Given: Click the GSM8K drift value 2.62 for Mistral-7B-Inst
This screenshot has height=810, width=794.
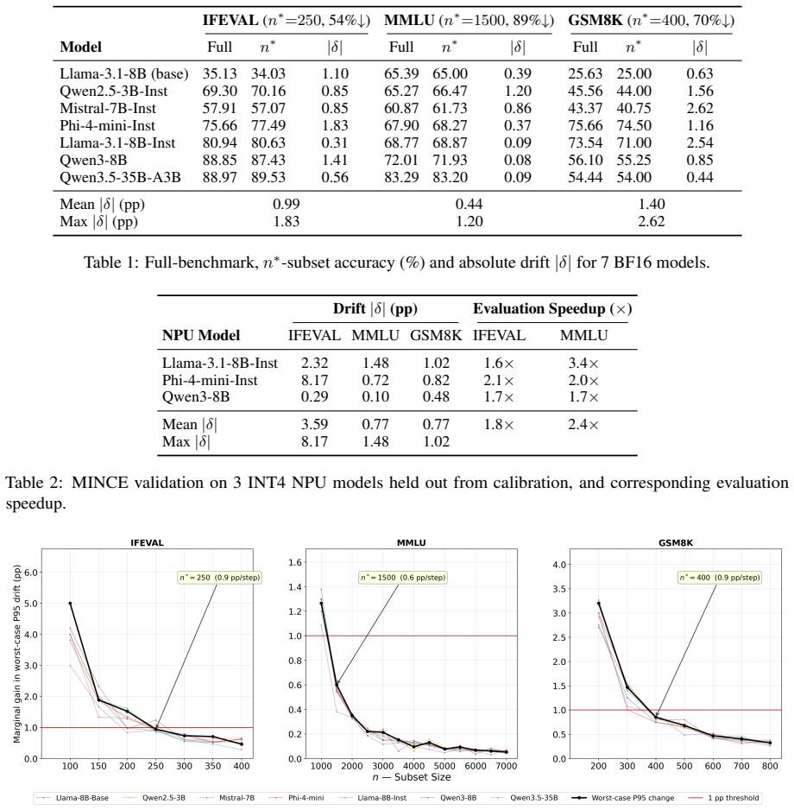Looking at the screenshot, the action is pyautogui.click(x=700, y=109).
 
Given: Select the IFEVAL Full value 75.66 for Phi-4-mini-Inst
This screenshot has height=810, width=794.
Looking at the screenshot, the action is pyautogui.click(x=220, y=125).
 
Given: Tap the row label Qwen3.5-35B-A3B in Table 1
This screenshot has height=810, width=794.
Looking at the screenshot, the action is pyautogui.click(x=120, y=177).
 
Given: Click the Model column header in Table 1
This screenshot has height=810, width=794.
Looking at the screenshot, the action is pyautogui.click(x=80, y=47).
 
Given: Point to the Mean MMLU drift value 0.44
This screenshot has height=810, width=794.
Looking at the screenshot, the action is pyautogui.click(x=469, y=204).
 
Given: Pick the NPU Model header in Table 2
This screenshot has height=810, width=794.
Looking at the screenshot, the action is pyautogui.click(x=201, y=335).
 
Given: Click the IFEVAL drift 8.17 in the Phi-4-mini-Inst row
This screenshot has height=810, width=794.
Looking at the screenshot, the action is pyautogui.click(x=314, y=380).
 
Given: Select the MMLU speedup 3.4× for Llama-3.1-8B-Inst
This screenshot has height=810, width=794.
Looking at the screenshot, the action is pyautogui.click(x=583, y=364).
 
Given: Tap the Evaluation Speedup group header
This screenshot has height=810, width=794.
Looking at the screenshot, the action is pyautogui.click(x=552, y=309).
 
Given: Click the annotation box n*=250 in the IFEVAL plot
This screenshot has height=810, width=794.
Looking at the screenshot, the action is pyautogui.click(x=219, y=578).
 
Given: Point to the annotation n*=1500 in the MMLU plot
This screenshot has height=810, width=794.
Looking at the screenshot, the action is pyautogui.click(x=403, y=578).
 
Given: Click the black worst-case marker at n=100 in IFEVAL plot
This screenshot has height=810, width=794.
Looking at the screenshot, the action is pyautogui.click(x=70, y=604).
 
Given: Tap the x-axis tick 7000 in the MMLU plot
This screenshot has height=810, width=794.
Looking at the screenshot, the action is pyautogui.click(x=507, y=766).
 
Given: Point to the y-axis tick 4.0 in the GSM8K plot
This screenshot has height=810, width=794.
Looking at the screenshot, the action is pyautogui.click(x=559, y=565).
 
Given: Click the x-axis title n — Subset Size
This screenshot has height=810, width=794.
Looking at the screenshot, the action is pyautogui.click(x=412, y=777).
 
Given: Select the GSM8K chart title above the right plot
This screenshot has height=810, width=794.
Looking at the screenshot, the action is pyautogui.click(x=676, y=543).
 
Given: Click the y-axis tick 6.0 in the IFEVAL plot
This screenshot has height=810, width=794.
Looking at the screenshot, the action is pyautogui.click(x=31, y=573).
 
